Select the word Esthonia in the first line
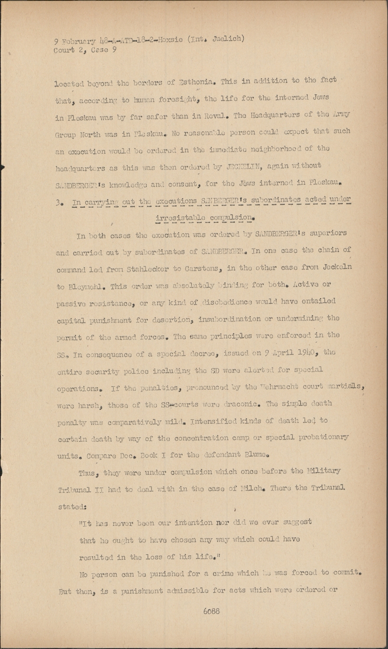[198, 81]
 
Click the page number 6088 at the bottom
[211, 611]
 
